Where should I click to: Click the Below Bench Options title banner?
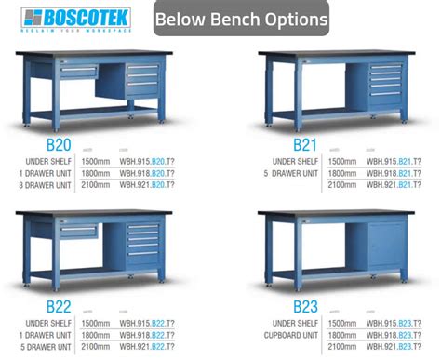[241, 19]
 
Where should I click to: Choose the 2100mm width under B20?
[98, 185]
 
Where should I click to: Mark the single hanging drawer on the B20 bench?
[78, 70]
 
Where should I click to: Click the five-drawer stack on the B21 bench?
[385, 86]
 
